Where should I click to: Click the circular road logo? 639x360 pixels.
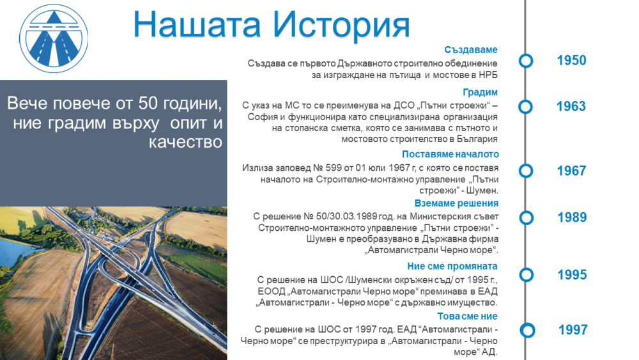54,38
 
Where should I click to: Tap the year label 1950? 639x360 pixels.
571,60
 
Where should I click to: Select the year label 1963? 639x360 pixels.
571,106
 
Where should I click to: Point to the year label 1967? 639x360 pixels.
571,171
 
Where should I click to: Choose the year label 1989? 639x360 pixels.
572,217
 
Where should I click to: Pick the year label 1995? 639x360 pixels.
572,275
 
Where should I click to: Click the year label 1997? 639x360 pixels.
573,330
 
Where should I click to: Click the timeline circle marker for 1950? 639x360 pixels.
526,61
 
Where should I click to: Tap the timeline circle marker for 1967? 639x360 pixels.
526,171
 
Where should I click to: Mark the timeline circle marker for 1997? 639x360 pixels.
527,330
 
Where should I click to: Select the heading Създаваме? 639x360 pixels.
471,50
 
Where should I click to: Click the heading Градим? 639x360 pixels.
480,93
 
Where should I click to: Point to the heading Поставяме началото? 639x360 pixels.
450,154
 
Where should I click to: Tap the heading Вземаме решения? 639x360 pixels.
456,203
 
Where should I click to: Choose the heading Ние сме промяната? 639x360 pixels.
452,266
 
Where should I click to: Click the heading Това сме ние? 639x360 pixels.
468,317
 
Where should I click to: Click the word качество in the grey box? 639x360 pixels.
185,143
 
